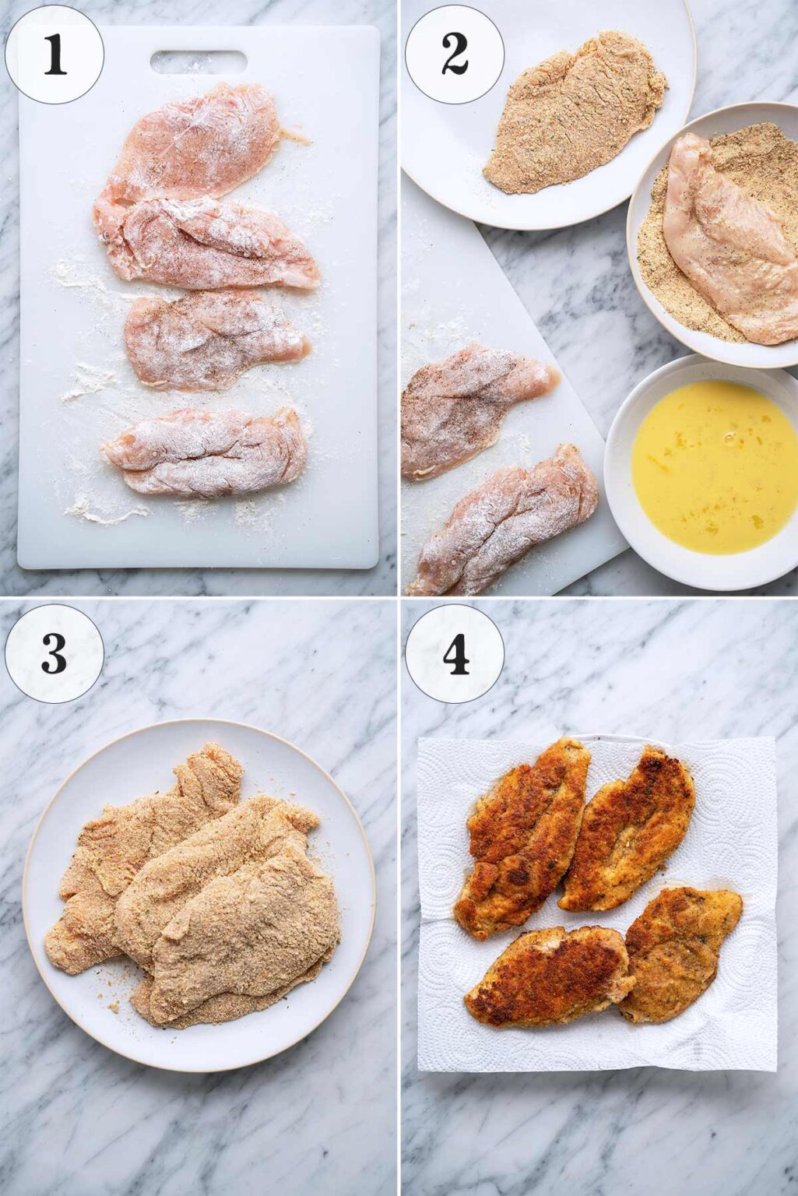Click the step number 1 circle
click(x=54, y=55)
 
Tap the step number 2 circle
click(x=455, y=55)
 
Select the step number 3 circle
click(x=54, y=654)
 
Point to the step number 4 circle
click(x=455, y=654)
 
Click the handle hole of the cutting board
click(x=199, y=62)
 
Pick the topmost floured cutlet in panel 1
click(x=195, y=140)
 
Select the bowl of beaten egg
click(x=712, y=467)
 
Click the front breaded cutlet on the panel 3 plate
click(x=245, y=934)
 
